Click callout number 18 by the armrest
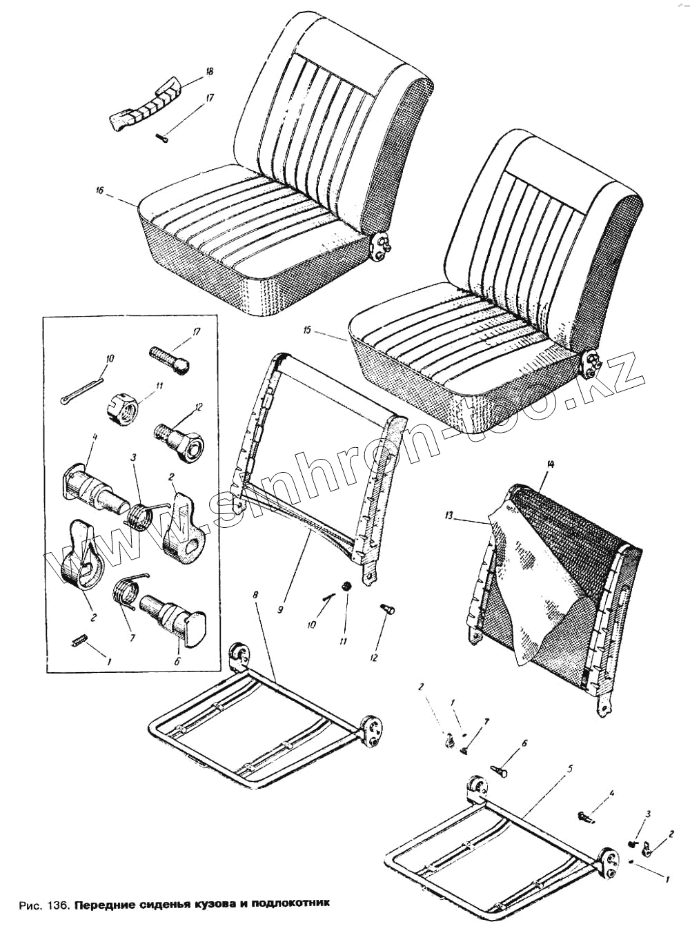click(209, 72)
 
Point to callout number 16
click(100, 190)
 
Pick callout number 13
click(449, 515)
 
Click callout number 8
click(256, 594)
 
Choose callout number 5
click(568, 767)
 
